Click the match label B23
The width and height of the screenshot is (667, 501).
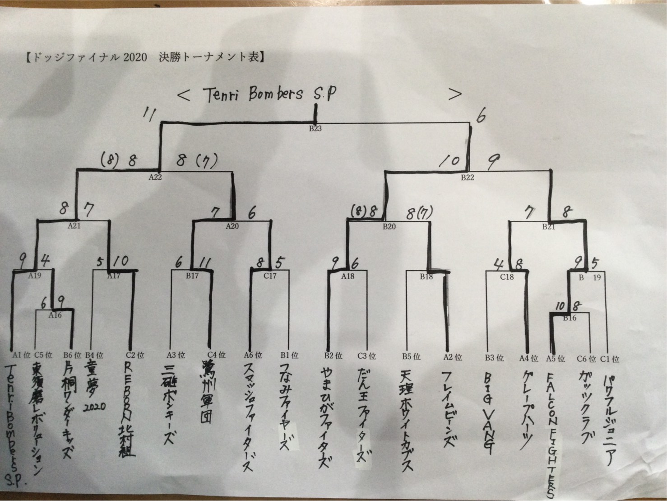click(315, 128)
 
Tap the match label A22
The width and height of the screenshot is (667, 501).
click(155, 177)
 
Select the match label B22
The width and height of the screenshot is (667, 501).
click(468, 177)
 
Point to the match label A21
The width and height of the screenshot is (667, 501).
click(74, 225)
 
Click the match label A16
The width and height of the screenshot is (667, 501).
click(55, 315)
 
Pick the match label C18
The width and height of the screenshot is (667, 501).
click(507, 276)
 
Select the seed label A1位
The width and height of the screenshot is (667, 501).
click(20, 356)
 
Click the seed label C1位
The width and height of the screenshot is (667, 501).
click(609, 359)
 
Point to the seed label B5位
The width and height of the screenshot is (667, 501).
click(410, 357)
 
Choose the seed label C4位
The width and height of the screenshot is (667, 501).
click(216, 356)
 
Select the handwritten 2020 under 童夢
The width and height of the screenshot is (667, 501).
click(94, 406)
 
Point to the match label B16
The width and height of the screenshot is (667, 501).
click(570, 318)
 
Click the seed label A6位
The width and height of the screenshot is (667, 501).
click(253, 356)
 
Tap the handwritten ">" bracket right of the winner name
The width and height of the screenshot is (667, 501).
click(455, 94)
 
